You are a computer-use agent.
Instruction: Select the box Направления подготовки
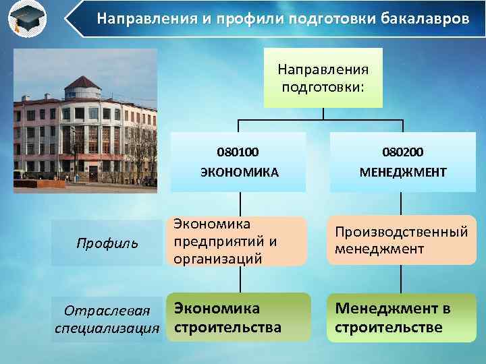[x=323, y=78]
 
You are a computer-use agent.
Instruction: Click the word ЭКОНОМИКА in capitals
[x=238, y=172]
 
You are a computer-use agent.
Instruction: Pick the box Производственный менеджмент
[x=402, y=241]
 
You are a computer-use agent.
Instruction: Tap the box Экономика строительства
[x=238, y=317]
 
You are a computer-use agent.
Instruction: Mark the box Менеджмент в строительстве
[x=402, y=317]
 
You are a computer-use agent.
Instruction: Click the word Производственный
[x=402, y=232]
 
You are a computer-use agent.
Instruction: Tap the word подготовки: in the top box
[x=323, y=86]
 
